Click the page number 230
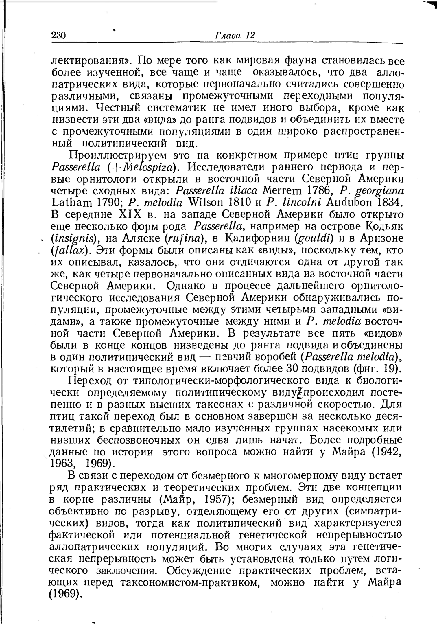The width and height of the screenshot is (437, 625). pos(59,35)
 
